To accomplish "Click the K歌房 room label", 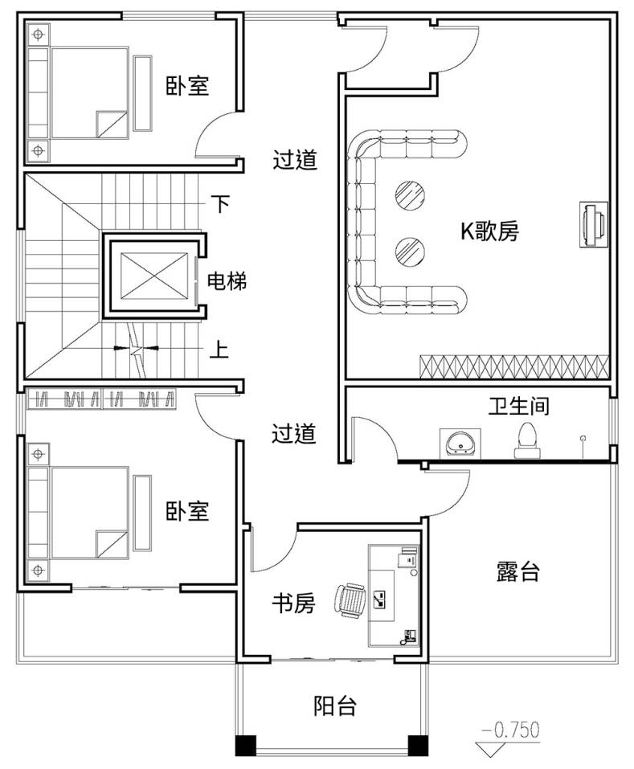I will click(x=489, y=232).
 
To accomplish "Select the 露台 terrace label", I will click(x=517, y=572).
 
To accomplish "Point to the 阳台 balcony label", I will click(x=334, y=706).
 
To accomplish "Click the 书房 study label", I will click(x=292, y=603).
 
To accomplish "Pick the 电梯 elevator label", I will click(x=227, y=281).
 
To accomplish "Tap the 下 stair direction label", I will click(x=219, y=203).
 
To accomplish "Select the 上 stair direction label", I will click(x=219, y=350).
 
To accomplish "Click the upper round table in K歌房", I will click(x=410, y=193).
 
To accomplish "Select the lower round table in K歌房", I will click(x=410, y=252).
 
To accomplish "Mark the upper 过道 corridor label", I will click(x=295, y=160).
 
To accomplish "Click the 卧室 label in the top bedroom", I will click(x=188, y=85).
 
